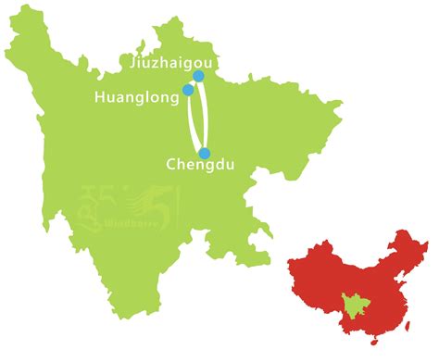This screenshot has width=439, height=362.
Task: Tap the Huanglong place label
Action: [136, 96]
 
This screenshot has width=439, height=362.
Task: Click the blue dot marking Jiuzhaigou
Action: [198, 76]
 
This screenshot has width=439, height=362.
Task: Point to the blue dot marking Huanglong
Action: [188, 90]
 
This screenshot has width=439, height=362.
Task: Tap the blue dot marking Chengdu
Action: [205, 153]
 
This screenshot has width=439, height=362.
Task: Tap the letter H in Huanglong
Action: [100, 96]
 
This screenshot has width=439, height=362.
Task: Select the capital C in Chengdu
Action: [170, 167]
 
